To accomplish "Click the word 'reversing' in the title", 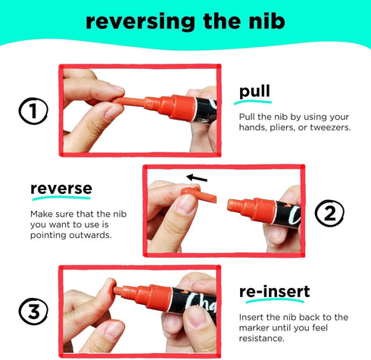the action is click(x=140, y=22).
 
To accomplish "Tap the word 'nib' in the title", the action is click(x=267, y=21).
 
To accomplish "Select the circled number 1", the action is click(x=33, y=111).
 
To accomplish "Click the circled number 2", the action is click(x=329, y=213).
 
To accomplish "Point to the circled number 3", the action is click(x=33, y=311).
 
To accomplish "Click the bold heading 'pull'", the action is click(x=254, y=92).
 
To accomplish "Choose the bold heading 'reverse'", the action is click(x=61, y=189).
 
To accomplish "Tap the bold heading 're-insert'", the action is click(x=274, y=291).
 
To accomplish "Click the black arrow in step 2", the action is click(x=197, y=178).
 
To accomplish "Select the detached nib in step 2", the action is click(x=199, y=194).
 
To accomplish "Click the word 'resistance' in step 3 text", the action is click(x=261, y=338).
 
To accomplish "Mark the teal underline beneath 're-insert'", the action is click(x=275, y=301).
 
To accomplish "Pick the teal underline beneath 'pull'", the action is click(x=253, y=102).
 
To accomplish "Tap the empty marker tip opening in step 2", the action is click(x=231, y=205).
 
